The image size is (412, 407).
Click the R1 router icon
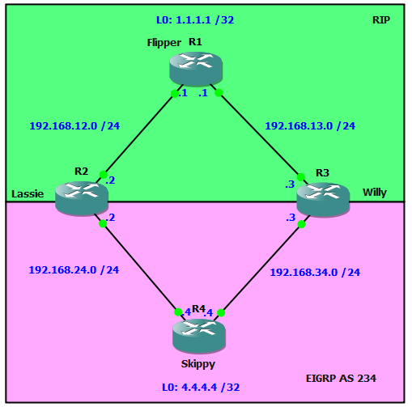[196, 69]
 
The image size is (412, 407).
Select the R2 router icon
[82, 198]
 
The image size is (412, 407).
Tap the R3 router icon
[323, 200]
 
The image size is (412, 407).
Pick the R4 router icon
[199, 336]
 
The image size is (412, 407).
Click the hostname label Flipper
[164, 43]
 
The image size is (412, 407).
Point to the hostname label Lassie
[28, 194]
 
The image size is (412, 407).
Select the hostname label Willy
[375, 193]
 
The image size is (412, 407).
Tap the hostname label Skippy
[198, 364]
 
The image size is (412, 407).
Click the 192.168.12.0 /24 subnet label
[74, 126]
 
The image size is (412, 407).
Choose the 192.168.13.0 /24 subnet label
[310, 126]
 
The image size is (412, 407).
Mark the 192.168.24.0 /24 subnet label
[74, 270]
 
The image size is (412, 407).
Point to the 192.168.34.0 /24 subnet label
[315, 273]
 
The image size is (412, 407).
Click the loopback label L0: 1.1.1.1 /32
[195, 20]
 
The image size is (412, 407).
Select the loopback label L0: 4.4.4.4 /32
[201, 388]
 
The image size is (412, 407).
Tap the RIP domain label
[381, 20]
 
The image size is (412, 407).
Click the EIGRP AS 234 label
[341, 379]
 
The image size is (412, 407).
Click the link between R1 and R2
[139, 134]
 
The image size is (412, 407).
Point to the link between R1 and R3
[259, 134]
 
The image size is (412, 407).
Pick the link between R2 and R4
[140, 268]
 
